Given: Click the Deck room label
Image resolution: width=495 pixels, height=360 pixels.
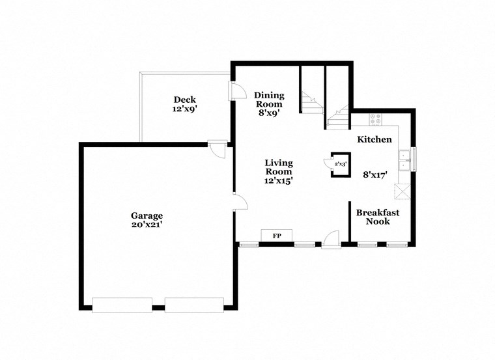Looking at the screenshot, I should pyautogui.click(x=185, y=100).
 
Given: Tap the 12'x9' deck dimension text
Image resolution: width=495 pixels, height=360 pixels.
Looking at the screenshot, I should pyautogui.click(x=185, y=109).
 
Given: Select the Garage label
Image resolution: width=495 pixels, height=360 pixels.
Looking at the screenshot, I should pyautogui.click(x=147, y=215).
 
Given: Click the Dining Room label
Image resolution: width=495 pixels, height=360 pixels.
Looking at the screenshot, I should pyautogui.click(x=268, y=99).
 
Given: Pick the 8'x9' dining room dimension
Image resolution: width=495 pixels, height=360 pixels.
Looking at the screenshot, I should pyautogui.click(x=268, y=113).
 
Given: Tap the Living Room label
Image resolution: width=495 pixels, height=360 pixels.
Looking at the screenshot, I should pyautogui.click(x=278, y=167).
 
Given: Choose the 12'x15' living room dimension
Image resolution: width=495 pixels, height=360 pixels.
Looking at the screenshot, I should pyautogui.click(x=278, y=181).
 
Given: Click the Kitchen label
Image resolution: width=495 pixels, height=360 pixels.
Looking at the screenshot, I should pyautogui.click(x=375, y=139).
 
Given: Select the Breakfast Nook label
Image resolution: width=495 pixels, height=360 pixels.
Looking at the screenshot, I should pyautogui.click(x=378, y=217).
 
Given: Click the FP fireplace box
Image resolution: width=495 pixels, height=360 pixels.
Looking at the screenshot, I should pyautogui.click(x=276, y=235).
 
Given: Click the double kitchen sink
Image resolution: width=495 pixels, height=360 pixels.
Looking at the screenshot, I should pyautogui.click(x=405, y=160).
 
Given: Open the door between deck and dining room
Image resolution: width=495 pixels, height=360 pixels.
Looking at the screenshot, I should pyautogui.click(x=236, y=92).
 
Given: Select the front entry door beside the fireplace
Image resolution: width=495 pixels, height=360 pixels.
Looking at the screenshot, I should pyautogui.click(x=330, y=240).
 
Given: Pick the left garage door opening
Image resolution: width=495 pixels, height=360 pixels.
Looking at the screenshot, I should pyautogui.click(x=122, y=305).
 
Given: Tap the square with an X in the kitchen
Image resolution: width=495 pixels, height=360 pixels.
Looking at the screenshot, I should pyautogui.click(x=401, y=191).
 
